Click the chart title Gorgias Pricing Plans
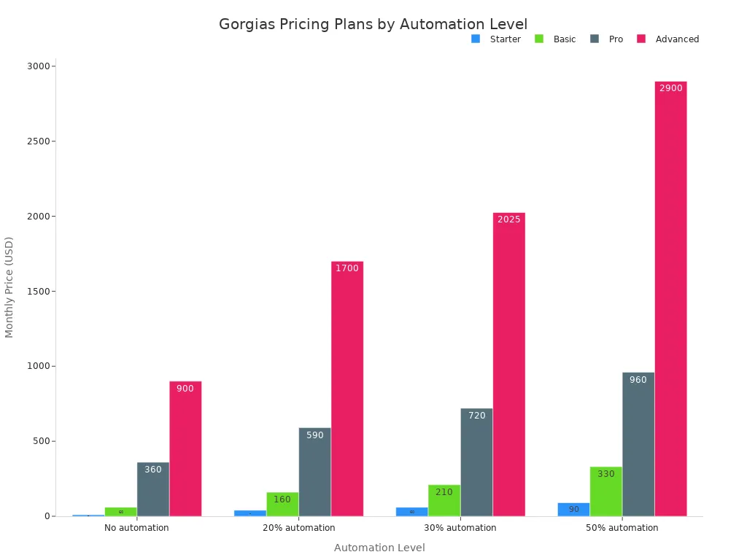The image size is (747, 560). coord(373,24)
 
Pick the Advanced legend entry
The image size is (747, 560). coord(676,39)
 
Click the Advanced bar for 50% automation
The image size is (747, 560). coord(670,299)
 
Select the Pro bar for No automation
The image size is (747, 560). coord(153,489)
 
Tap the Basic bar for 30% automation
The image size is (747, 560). coord(444,500)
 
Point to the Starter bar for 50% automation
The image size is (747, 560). coord(573,509)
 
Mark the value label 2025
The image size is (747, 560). coord(509,219)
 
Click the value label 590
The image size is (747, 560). coord(314,435)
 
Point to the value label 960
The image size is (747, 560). coord(638,380)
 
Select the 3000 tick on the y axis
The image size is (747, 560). coord(39,66)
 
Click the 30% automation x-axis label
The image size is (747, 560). coord(460,528)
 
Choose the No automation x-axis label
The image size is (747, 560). coord(136,528)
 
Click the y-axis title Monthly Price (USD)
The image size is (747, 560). coord(9,287)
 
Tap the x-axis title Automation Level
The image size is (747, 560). coord(379,548)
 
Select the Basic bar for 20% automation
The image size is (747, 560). coord(282,504)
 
